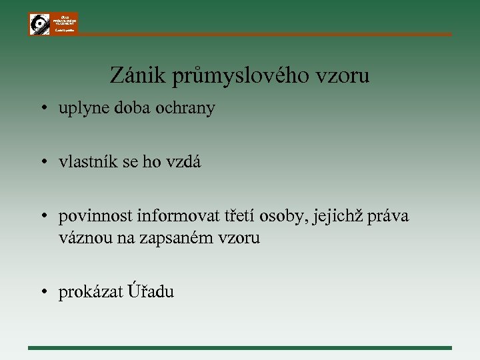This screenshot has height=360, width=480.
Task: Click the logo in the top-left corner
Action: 53,23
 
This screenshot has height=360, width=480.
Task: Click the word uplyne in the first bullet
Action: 80,109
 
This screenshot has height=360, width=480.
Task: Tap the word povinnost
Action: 95,216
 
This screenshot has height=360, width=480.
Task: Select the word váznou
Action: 81,237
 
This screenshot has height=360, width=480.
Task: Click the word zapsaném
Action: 177,238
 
